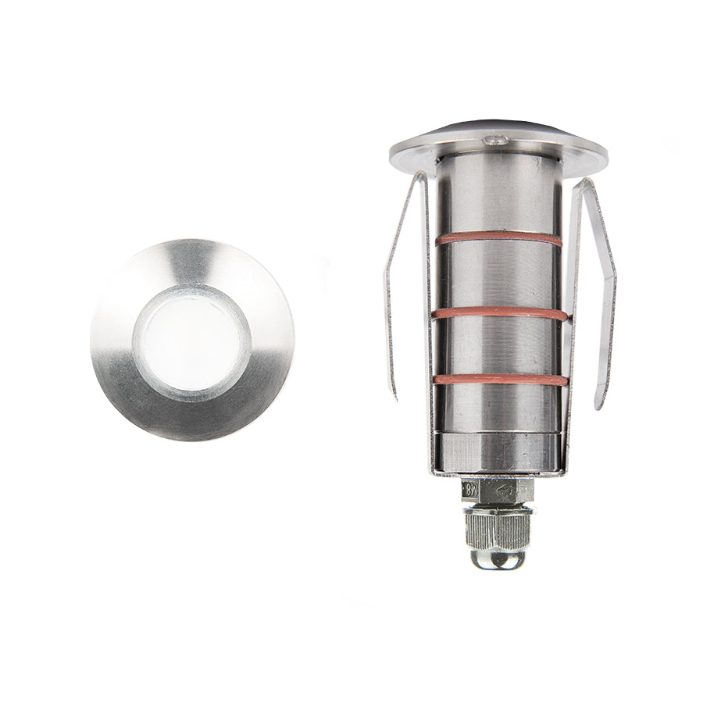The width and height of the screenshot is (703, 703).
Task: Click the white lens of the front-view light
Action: point(191,342)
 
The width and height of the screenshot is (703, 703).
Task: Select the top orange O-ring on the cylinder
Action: point(498,237)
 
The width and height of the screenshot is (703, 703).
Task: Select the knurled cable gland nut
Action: point(498,528)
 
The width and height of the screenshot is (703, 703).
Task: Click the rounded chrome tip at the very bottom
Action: point(498,558)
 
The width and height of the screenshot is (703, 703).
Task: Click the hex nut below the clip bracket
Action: point(500,491)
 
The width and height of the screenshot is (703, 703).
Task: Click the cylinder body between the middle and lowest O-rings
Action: point(498,346)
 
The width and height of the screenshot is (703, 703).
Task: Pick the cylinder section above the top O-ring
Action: point(498,199)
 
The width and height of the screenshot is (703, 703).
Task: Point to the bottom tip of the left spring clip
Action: point(394,397)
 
